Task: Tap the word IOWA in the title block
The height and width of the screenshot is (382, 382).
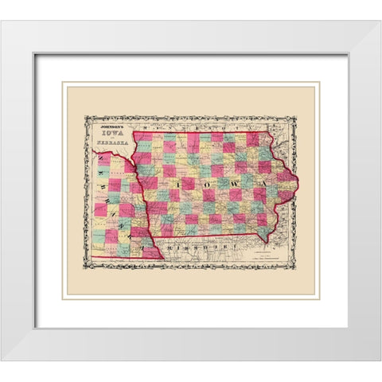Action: pos(111,134)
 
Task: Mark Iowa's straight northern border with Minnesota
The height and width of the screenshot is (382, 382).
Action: pos(199,131)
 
